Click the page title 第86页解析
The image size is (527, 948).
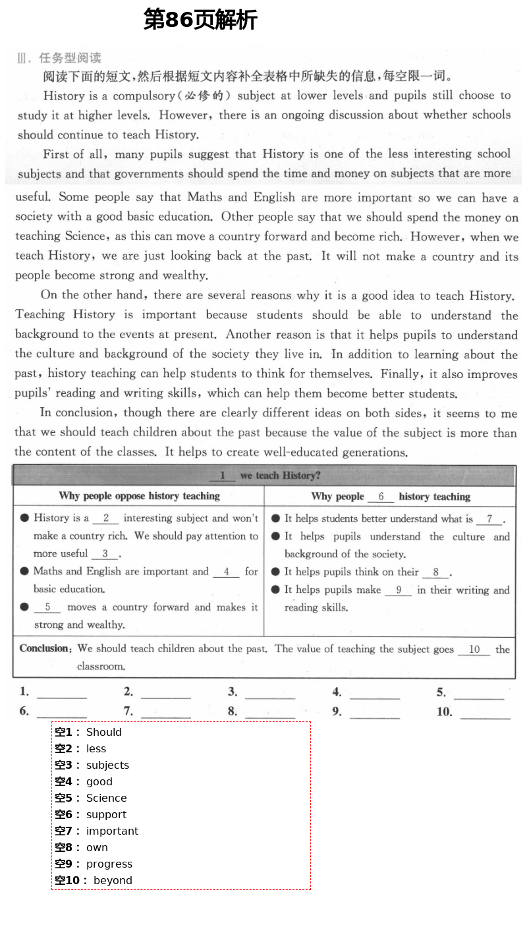[200, 20]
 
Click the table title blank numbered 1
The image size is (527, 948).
[223, 476]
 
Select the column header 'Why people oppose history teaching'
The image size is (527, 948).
[139, 496]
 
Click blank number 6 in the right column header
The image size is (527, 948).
[381, 497]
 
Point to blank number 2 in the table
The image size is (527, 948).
[106, 518]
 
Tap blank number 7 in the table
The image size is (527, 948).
[489, 519]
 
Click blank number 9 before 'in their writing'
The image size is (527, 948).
[399, 590]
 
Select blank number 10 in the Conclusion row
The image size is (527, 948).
[474, 650]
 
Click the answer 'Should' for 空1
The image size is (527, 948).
[104, 732]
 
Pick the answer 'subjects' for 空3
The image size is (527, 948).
[107, 765]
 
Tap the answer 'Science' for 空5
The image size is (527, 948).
[106, 798]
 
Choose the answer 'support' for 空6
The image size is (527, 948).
[106, 814]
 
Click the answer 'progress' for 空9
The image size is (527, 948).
[109, 864]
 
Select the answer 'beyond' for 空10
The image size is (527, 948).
[113, 880]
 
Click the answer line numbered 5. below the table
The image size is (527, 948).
[478, 694]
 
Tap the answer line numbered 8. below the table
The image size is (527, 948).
[269, 713]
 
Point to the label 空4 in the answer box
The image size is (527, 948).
[63, 781]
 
